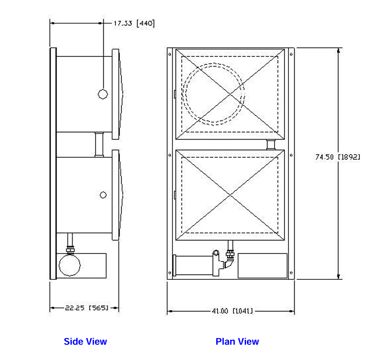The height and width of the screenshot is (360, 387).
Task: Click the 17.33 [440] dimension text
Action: coord(134,24)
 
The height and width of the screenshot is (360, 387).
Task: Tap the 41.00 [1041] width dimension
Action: coord(232,311)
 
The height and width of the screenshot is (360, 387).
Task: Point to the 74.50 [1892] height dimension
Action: coord(338,157)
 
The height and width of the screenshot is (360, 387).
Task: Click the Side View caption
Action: coord(85,342)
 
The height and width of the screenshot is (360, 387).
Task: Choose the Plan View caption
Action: coord(237,342)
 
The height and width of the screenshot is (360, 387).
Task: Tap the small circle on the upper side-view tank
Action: coord(103,94)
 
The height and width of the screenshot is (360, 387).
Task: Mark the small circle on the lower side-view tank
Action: coord(103,195)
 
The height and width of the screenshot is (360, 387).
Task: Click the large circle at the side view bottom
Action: coord(70,265)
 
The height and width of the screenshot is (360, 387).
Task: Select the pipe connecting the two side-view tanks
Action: coord(99,145)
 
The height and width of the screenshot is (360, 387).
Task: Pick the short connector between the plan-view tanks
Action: coord(271,145)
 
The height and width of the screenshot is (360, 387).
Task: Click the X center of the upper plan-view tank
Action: coord(230,94)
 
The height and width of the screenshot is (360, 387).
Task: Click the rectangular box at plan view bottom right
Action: coord(262,265)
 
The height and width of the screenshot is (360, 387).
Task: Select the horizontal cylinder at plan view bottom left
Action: coord(193,265)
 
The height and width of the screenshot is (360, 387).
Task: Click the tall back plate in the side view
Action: coord(53,163)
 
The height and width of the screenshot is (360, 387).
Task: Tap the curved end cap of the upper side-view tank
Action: coord(120,94)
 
